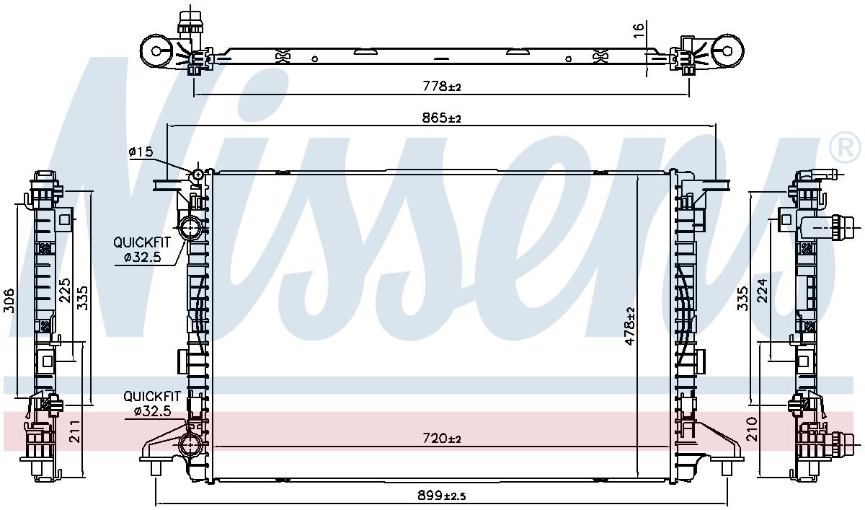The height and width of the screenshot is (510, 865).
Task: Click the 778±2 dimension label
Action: click(x=442, y=86)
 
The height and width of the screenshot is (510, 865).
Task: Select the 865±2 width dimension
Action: click(x=441, y=118)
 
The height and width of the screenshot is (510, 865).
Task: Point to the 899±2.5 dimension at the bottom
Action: click(x=441, y=495)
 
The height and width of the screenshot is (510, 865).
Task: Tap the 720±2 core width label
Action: click(x=442, y=439)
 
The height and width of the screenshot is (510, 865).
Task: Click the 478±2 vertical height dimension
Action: click(x=629, y=326)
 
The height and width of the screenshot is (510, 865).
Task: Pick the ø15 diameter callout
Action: click(x=141, y=151)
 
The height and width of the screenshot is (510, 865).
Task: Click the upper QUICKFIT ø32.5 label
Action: click(x=142, y=250)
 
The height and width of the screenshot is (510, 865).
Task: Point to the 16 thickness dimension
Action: click(x=639, y=31)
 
